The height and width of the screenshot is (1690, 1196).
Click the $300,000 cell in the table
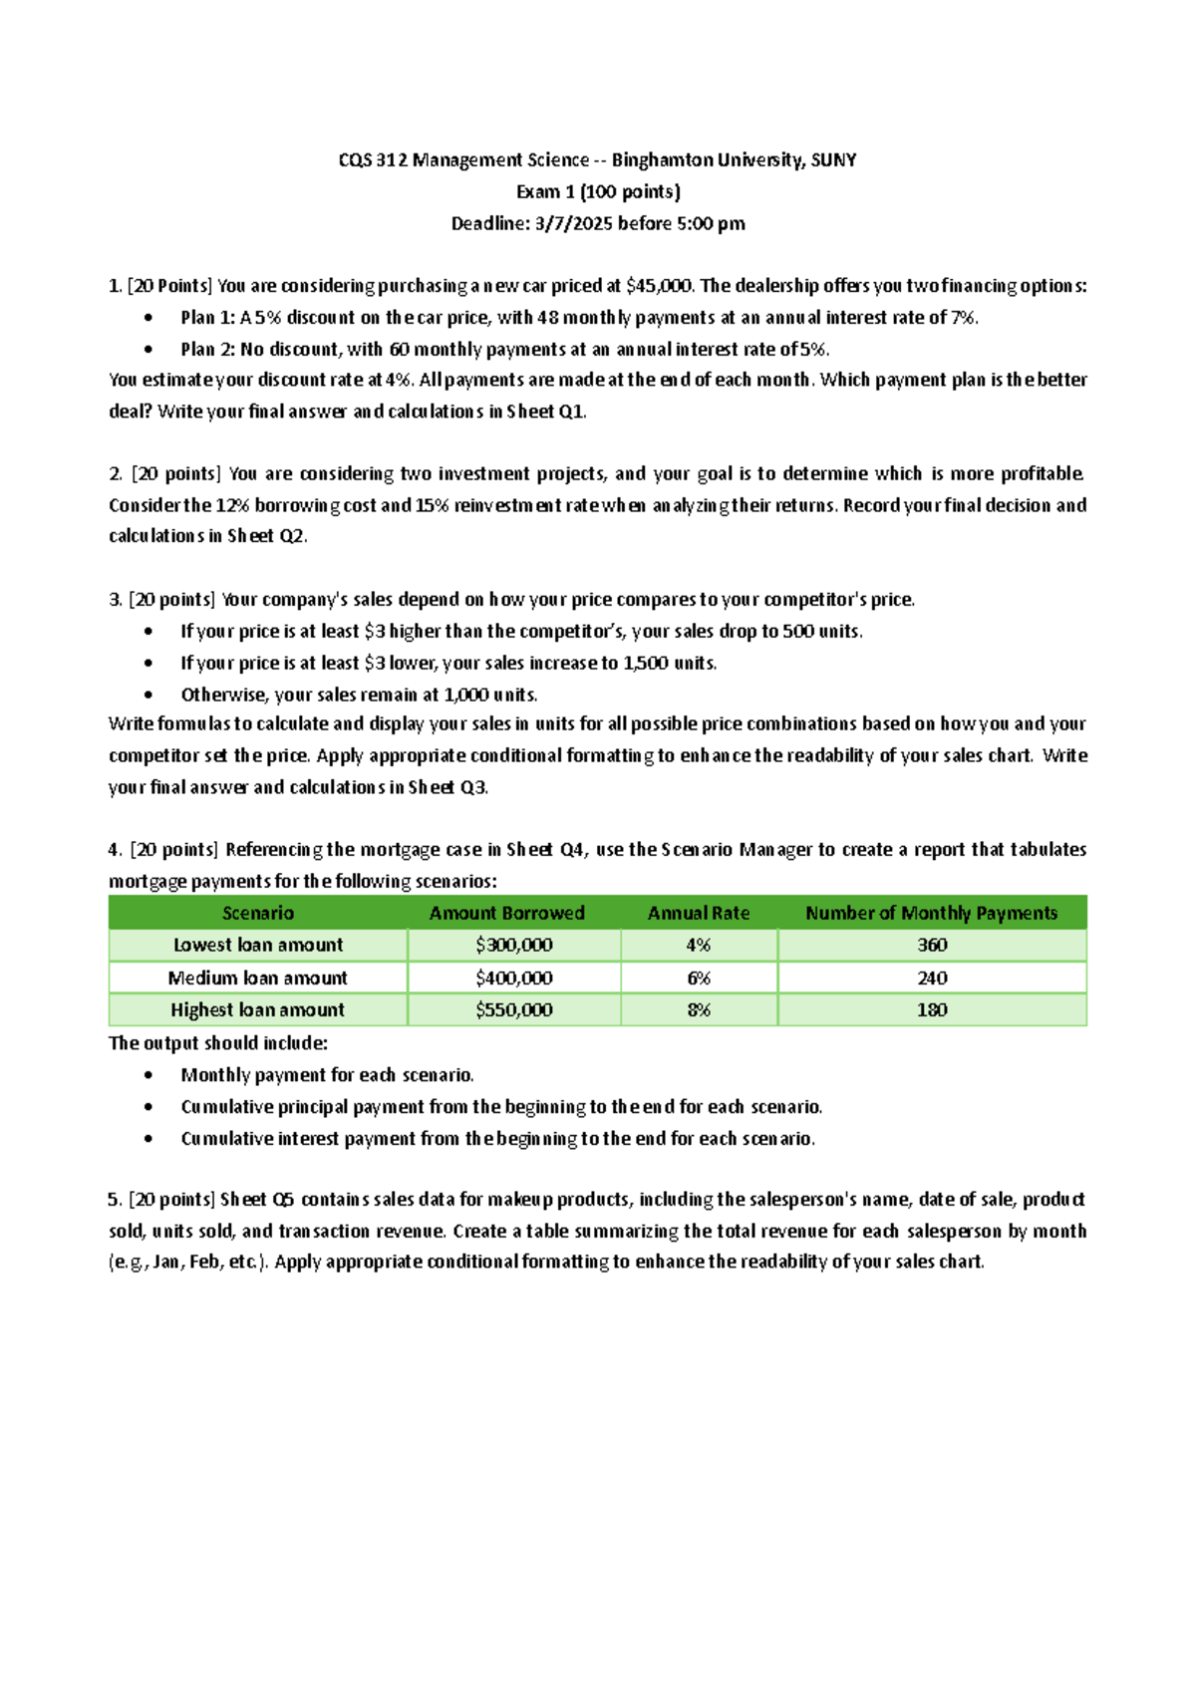pos(513,945)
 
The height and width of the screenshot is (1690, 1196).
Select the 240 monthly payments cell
pos(932,978)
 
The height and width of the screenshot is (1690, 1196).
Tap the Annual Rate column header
pos(698,913)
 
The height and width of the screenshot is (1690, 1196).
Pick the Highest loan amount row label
pos(257,1009)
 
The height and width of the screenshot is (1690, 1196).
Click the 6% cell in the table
pos(698,978)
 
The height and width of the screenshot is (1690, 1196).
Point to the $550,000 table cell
pos(513,1009)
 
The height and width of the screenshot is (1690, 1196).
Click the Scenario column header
pos(257,913)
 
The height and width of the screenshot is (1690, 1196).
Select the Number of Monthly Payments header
pos(931,913)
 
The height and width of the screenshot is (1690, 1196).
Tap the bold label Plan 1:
pos(207,318)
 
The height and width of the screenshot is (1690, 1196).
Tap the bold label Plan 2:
pos(207,350)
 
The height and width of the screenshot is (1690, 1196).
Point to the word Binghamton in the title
pos(658,159)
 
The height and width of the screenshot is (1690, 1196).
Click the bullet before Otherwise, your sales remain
pos(149,695)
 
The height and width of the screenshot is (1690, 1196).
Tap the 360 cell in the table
pos(932,945)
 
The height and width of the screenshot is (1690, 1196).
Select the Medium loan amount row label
pos(257,978)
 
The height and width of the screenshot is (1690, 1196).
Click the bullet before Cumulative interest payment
pos(149,1139)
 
